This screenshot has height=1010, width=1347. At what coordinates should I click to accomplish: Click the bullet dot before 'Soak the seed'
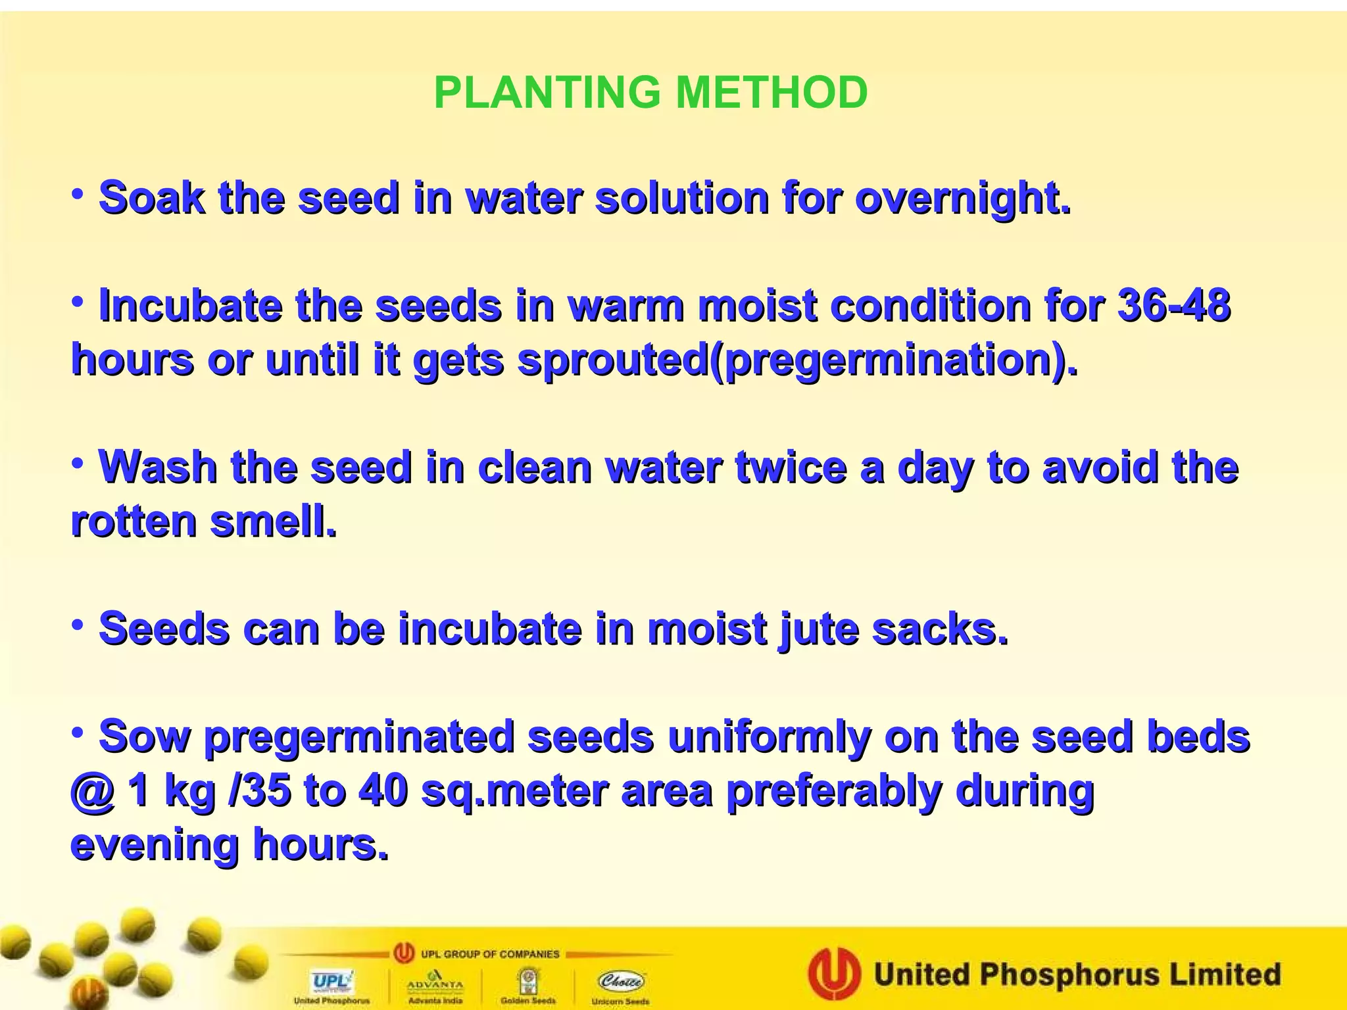pyautogui.click(x=78, y=195)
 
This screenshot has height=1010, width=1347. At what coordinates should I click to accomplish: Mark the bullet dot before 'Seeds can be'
pyautogui.click(x=78, y=625)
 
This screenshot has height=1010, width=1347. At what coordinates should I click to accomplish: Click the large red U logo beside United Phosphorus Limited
pyautogui.click(x=834, y=974)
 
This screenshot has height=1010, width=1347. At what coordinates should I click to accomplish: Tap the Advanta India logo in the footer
pyautogui.click(x=435, y=984)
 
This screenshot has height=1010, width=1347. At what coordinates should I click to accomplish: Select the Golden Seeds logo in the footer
pyautogui.click(x=527, y=984)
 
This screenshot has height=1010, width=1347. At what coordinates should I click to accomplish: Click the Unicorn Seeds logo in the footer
pyautogui.click(x=620, y=984)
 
